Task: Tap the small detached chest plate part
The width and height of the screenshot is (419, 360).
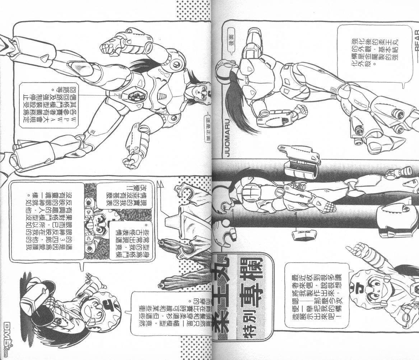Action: pyautogui.click(x=303, y=235)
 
